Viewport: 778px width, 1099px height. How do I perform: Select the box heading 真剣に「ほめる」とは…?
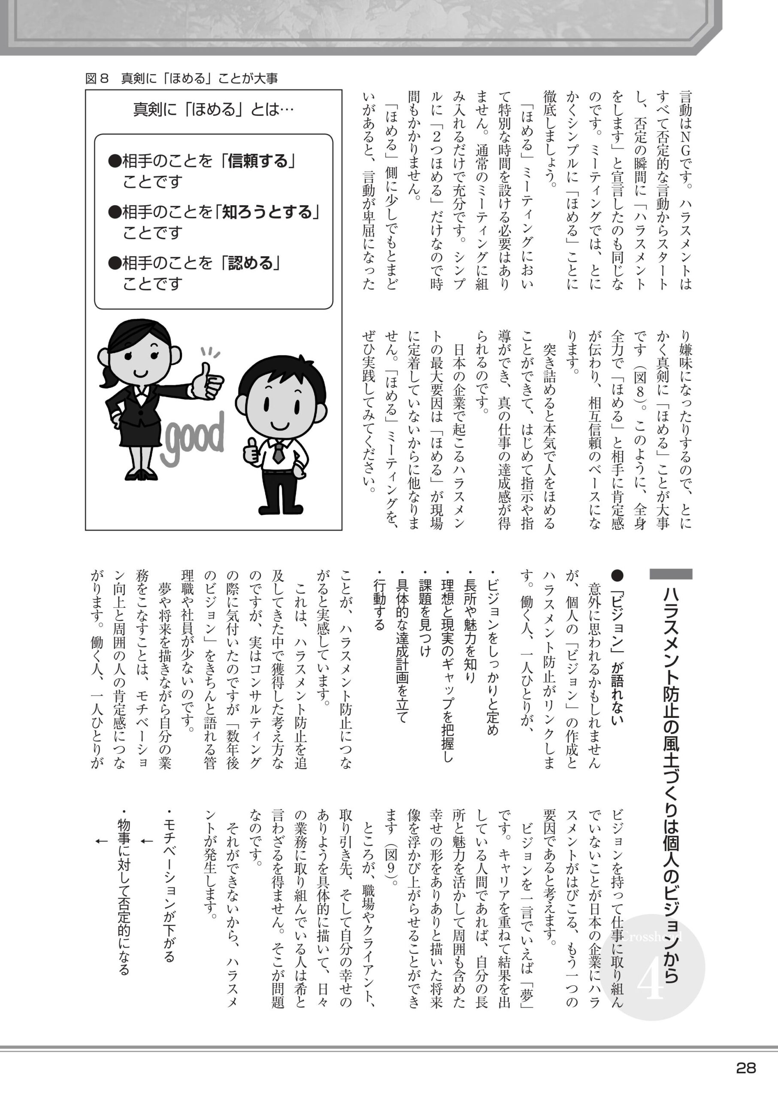(213, 110)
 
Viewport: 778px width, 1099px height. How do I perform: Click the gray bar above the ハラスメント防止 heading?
(671, 574)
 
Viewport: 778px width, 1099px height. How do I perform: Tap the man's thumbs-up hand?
(251, 450)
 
